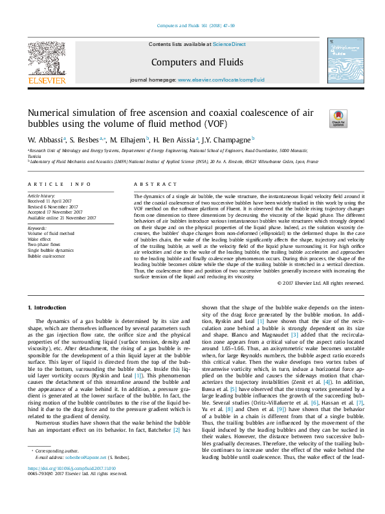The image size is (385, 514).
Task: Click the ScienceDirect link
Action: (230, 44)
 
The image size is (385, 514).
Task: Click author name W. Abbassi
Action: (45, 139)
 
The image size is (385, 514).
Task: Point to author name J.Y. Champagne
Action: (234, 139)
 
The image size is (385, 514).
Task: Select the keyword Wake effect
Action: (40, 240)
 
